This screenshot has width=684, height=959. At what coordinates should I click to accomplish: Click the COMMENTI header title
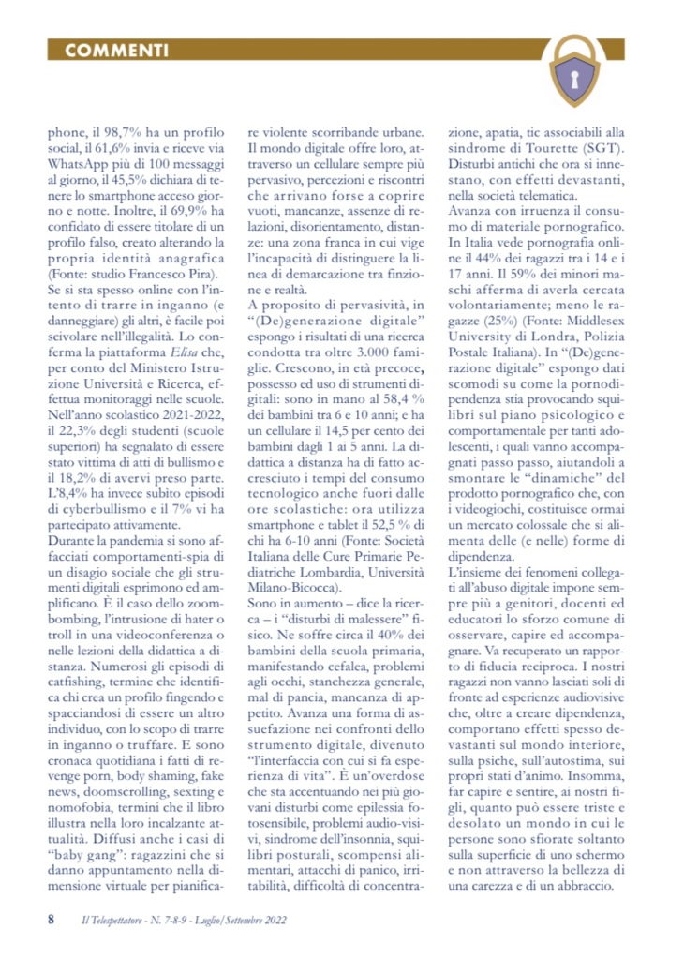click(118, 50)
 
